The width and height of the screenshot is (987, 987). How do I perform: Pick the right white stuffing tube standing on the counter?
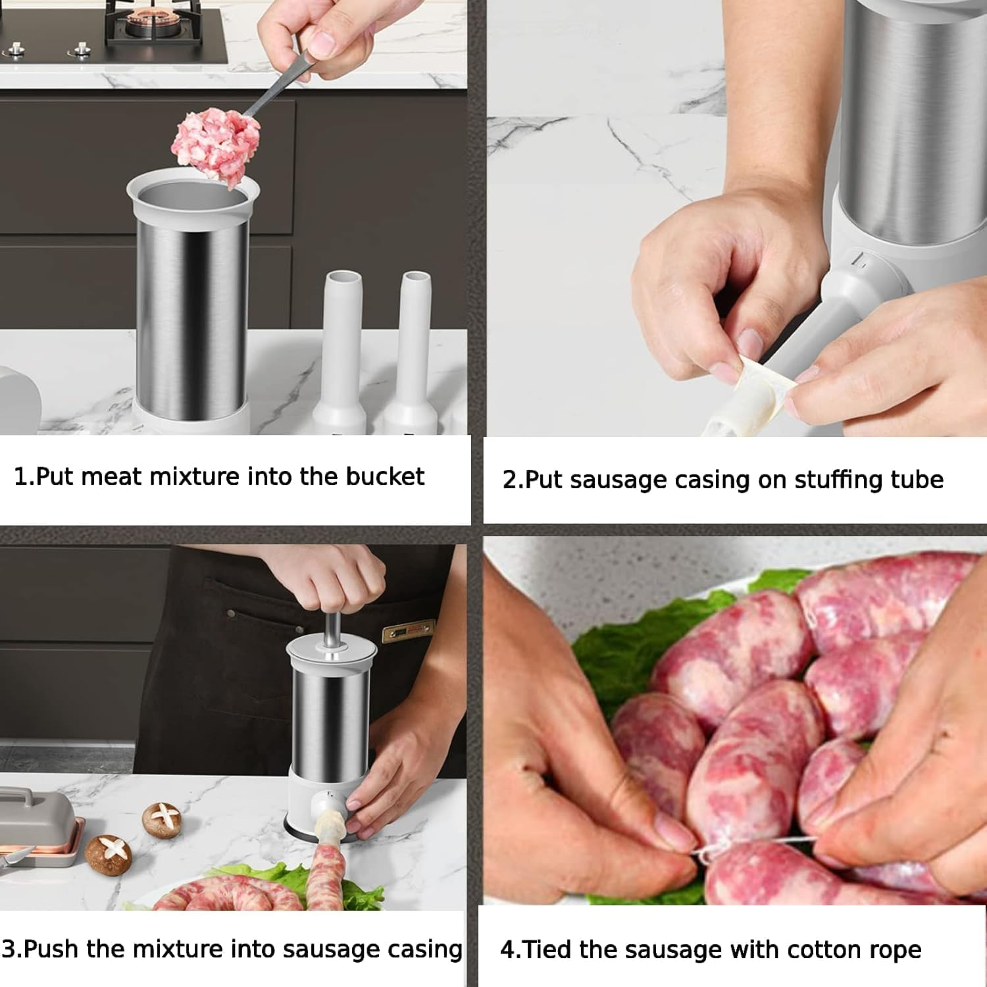click(413, 349)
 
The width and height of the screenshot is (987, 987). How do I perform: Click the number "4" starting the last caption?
click(507, 950)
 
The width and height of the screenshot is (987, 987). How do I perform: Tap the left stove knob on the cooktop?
click(15, 49)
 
